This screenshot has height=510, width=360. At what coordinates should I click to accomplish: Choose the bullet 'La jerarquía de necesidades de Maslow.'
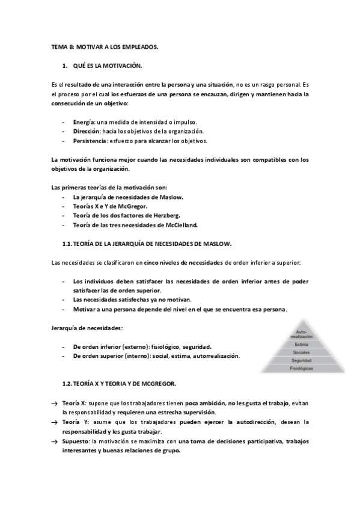(x=128, y=197)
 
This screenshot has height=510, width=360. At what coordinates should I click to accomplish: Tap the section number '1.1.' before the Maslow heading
(x=67, y=244)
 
